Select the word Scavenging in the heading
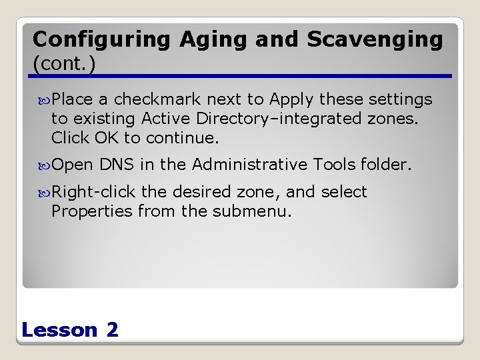click(375, 40)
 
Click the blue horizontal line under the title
click(240, 76)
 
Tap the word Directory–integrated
click(250, 119)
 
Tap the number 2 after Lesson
click(112, 329)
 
